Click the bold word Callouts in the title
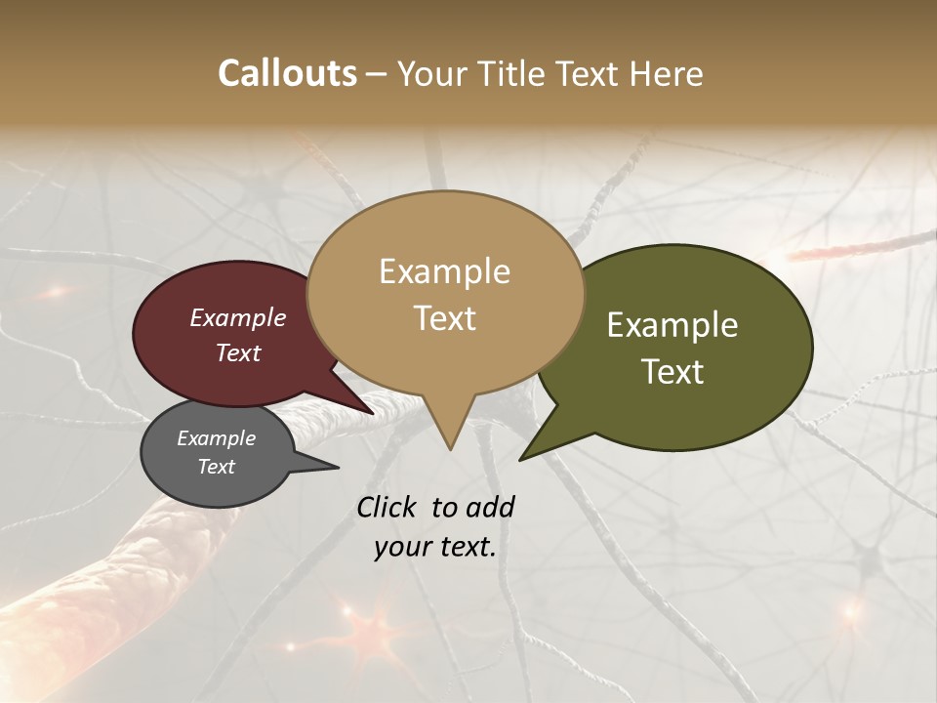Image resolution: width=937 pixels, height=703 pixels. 287,73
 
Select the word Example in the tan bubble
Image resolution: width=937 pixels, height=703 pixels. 444,271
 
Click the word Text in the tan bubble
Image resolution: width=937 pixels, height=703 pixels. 444,318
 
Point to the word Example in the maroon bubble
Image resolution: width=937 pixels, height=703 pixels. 237,318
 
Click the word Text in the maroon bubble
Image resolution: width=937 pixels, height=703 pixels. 237,352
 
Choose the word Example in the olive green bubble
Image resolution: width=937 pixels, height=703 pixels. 672,325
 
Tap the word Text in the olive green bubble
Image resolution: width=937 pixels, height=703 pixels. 672,372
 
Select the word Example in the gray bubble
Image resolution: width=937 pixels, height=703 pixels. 216,438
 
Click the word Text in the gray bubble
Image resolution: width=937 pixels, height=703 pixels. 216,467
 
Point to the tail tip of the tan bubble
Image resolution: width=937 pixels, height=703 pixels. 450,448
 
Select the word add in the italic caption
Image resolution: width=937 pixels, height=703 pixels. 490,507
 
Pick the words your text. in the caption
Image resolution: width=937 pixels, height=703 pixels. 434,548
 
